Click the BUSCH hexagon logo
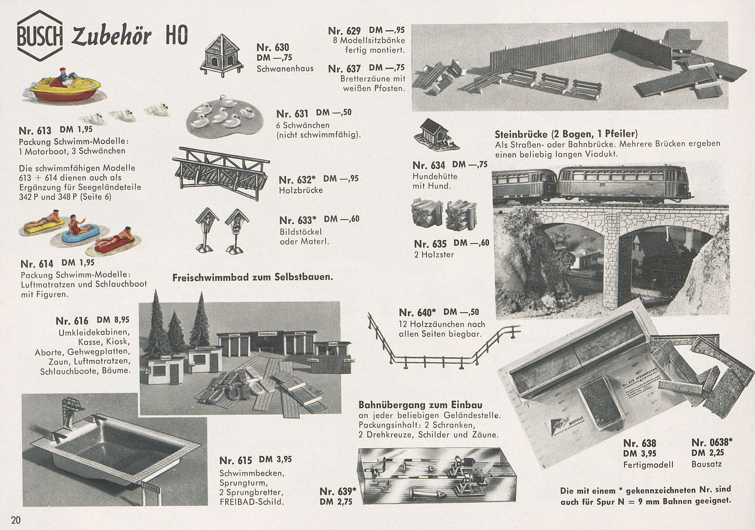coord(40,36)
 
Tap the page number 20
coord(16,520)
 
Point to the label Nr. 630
coord(272,47)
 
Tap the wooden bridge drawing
coord(221,173)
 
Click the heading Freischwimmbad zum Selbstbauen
coord(253,277)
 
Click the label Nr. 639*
coord(338,491)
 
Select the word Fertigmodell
coord(648,464)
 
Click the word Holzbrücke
coord(301,190)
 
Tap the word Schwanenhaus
coord(285,69)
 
